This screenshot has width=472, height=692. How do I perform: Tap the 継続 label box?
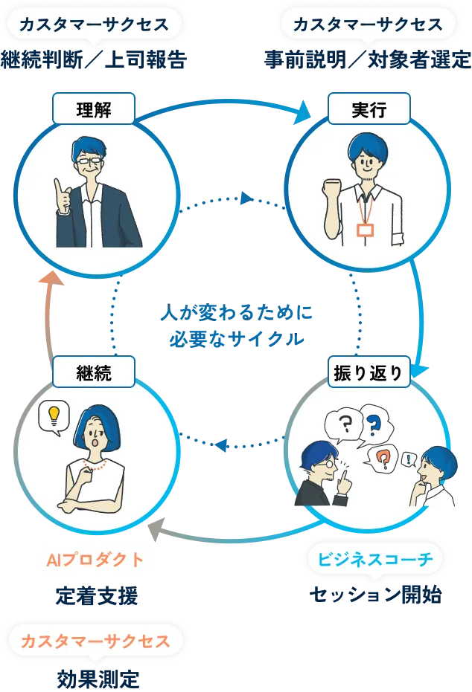(94, 372)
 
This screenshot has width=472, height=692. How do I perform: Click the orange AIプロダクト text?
(95, 560)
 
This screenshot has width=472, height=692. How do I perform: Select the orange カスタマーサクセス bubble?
(95, 640)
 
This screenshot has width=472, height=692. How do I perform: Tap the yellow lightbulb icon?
(53, 416)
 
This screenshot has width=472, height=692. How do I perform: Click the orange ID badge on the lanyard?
(365, 230)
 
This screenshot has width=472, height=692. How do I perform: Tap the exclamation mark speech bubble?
(407, 460)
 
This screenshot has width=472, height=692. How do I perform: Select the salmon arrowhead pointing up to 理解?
(49, 278)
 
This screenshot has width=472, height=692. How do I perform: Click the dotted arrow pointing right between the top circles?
(246, 198)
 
